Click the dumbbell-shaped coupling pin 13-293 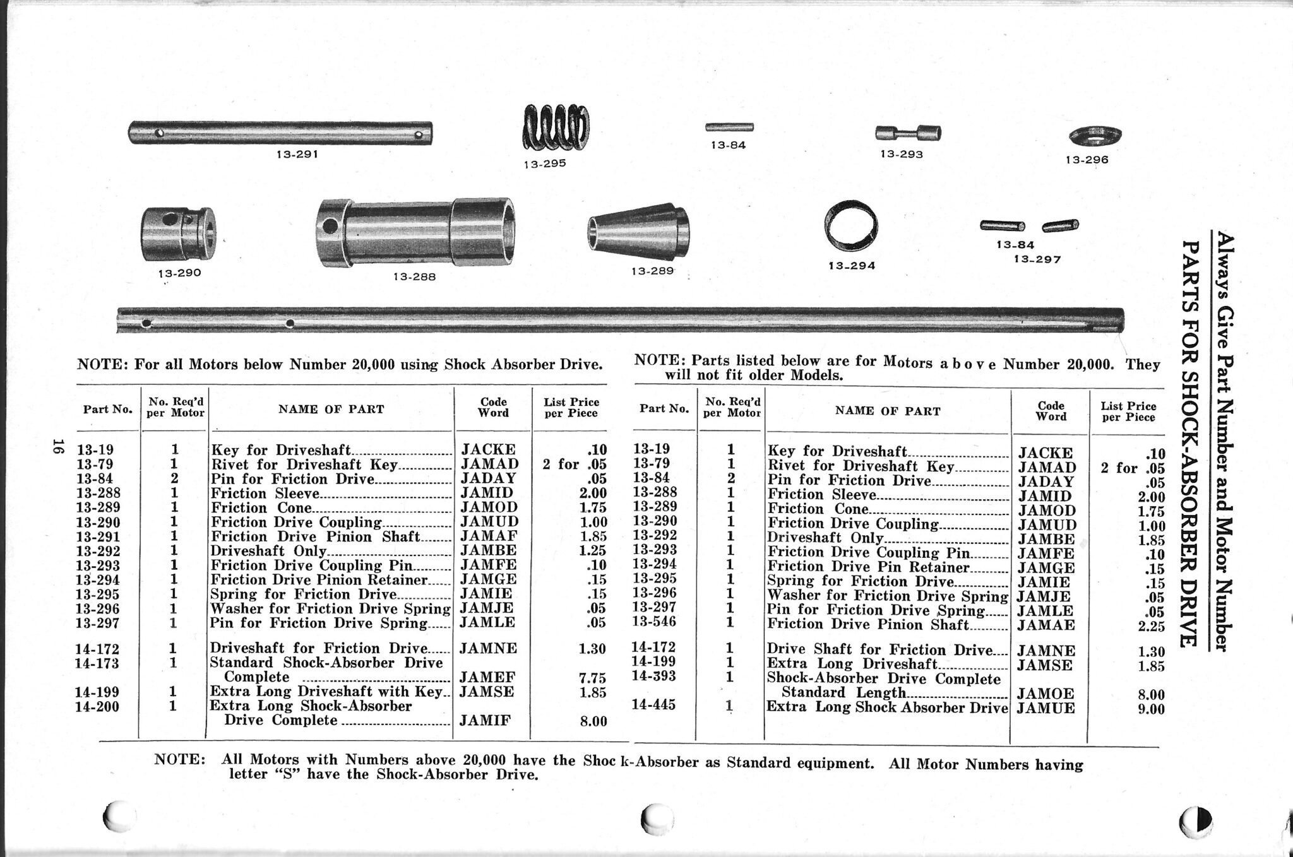point(908,133)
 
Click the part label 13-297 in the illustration point(1037,259)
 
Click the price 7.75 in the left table point(593,678)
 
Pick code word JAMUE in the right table point(1046,708)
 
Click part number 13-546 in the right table point(654,622)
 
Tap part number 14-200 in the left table point(97,706)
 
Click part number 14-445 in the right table point(653,704)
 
